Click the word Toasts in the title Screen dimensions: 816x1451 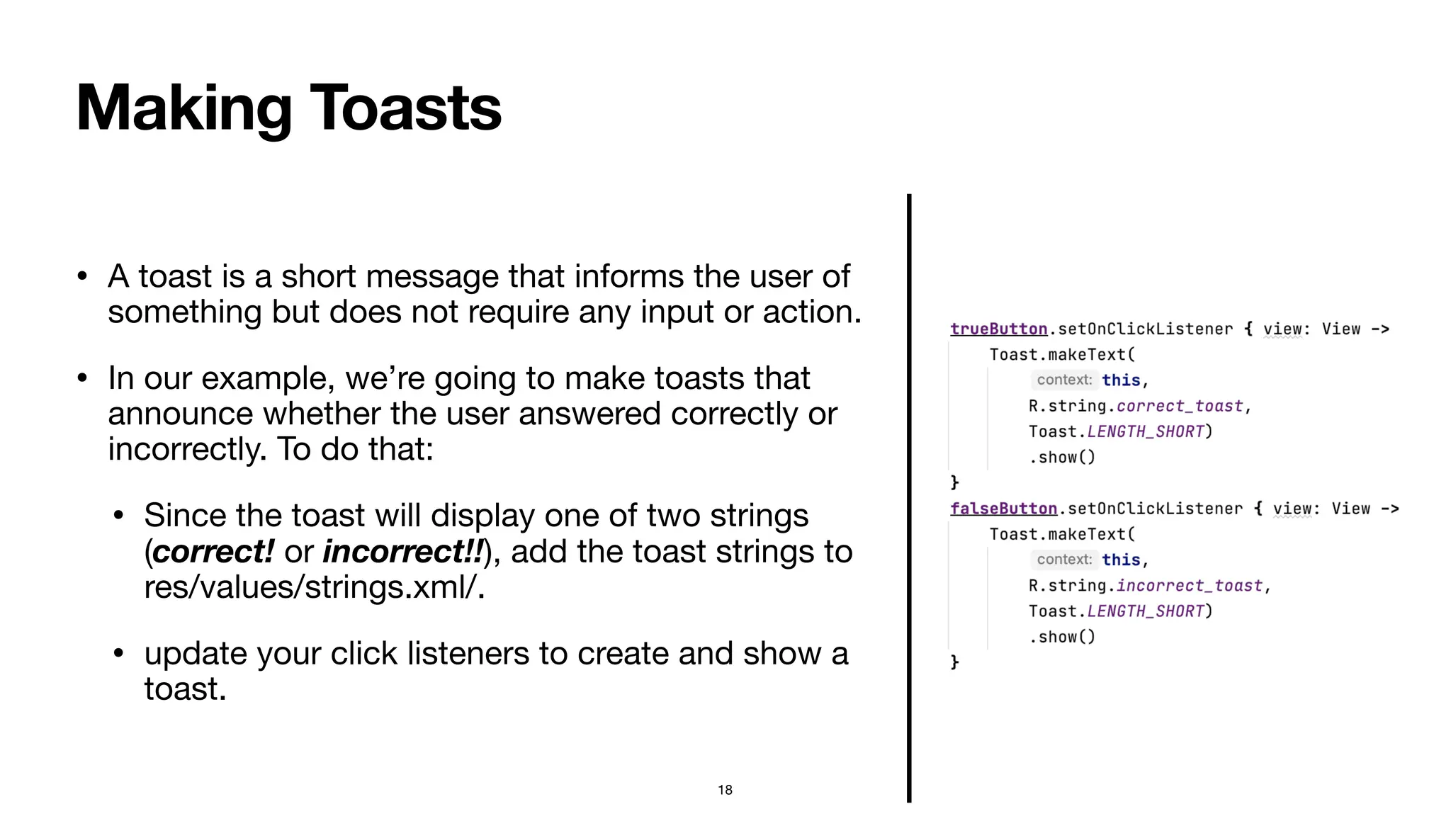(405, 108)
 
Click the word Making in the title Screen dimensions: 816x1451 (184, 108)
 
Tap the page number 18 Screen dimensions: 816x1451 (725, 790)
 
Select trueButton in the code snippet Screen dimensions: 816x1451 (998, 329)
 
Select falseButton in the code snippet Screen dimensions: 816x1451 (1003, 509)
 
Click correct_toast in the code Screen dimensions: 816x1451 (1180, 406)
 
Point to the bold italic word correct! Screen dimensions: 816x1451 (213, 552)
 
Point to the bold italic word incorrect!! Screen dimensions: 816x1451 (402, 552)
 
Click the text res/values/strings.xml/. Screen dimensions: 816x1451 (314, 587)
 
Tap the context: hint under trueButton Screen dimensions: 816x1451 (1064, 380)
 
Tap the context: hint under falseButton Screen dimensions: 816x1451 (1064, 560)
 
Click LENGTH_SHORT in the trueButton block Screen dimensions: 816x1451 (1146, 431)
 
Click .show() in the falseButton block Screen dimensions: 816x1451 (1062, 637)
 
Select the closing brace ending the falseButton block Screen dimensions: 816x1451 (954, 662)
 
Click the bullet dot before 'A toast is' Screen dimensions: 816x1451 (82, 276)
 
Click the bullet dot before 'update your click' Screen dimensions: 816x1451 (118, 653)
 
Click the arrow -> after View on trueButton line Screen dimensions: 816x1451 (1379, 329)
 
